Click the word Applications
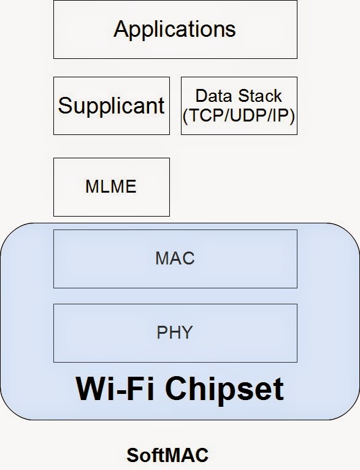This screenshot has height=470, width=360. click(175, 29)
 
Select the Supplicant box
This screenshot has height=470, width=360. click(111, 106)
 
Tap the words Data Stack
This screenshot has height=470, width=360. click(239, 96)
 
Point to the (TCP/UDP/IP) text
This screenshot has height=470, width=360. click(239, 115)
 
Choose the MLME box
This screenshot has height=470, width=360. click(111, 187)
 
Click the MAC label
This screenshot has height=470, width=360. click(175, 258)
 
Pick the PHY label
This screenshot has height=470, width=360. click(175, 333)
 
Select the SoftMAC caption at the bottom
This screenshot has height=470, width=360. click(167, 455)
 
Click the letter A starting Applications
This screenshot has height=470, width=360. click(121, 28)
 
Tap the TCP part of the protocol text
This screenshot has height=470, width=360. click(201, 115)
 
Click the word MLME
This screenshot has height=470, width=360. click(111, 187)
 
